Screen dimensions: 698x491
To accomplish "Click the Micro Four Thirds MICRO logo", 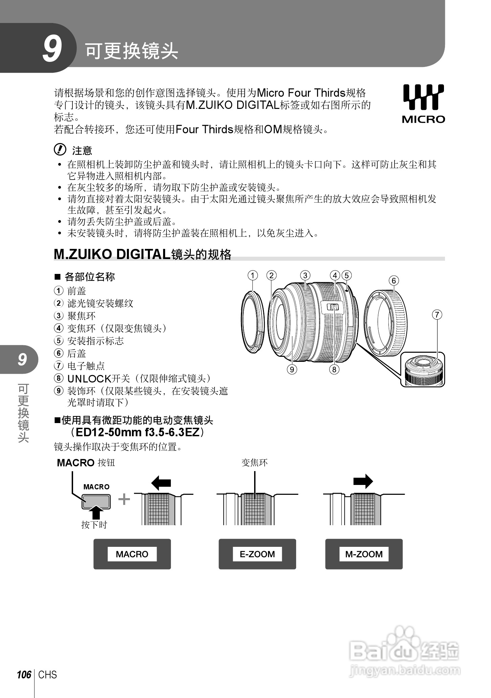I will pos(423,103).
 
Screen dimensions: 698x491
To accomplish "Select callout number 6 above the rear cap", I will pos(394,281).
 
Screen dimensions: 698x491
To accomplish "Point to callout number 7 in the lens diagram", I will pos(437,315).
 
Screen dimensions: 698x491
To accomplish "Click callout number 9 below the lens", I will pos(292,369).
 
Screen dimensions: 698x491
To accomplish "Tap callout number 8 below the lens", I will pos(334,369).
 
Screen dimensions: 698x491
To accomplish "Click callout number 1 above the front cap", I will pos(252,275).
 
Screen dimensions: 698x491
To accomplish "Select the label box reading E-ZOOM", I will pos(257,554).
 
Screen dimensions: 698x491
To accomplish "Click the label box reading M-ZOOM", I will pos(364,554).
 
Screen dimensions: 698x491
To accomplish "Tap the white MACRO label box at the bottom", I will pos(132,554).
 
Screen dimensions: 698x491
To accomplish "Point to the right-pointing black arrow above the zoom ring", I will pos(363,481).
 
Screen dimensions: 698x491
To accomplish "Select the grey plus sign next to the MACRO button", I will pos(124,499).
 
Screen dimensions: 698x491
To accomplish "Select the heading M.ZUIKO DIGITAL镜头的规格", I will pos(142,254).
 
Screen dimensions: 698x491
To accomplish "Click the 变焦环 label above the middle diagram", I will pos(254,462).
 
